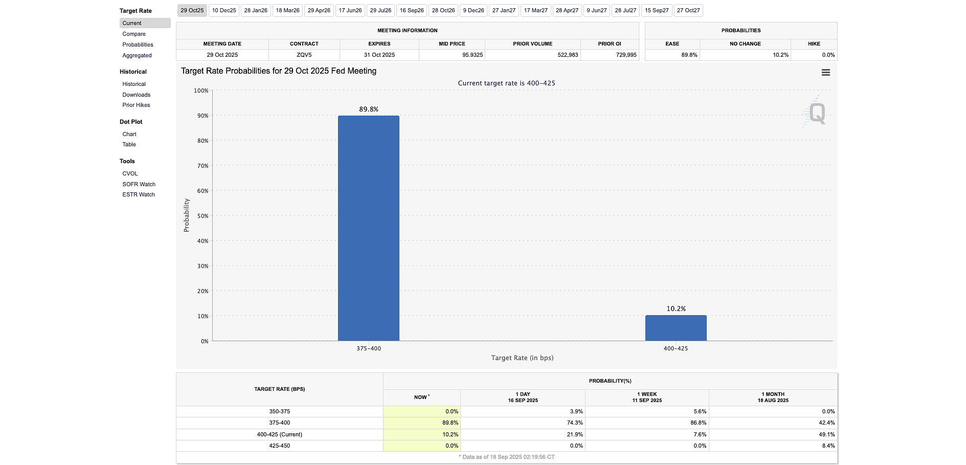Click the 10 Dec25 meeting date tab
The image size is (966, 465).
224,10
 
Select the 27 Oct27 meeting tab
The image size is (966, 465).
688,10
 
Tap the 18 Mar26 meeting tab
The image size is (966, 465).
287,10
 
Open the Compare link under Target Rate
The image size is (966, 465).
134,34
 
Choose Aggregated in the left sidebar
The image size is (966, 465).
137,55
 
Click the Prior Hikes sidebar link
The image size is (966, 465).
136,105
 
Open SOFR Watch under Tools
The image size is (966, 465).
139,184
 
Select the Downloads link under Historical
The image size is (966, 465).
136,95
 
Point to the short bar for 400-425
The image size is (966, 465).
676,328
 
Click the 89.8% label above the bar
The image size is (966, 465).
368,109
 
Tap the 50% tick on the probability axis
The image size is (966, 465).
203,216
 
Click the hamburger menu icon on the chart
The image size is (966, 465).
825,73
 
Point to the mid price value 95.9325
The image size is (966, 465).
472,55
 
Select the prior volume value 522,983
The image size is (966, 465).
568,55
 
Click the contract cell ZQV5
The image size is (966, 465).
304,55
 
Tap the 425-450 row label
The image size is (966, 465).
279,446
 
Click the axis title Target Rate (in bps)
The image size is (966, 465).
522,358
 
